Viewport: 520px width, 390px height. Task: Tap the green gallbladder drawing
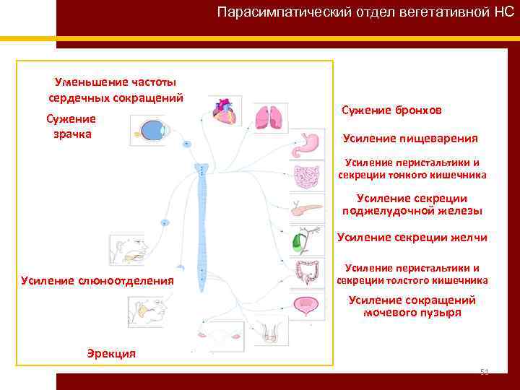(x=298, y=242)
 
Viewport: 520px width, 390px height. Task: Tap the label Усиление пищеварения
(x=410, y=138)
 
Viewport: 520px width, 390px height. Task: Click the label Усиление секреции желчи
(x=412, y=238)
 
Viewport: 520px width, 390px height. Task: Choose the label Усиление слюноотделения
(x=97, y=279)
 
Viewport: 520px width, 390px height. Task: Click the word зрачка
(x=72, y=134)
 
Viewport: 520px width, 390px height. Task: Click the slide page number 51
(x=485, y=372)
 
